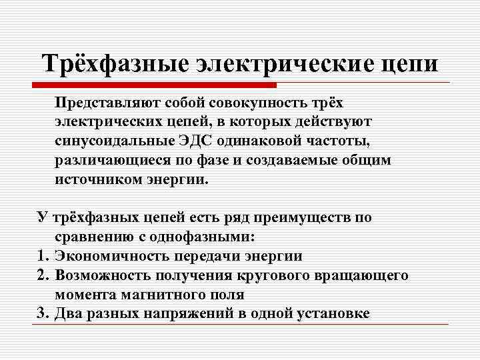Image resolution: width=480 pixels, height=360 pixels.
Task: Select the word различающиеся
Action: pos(115,161)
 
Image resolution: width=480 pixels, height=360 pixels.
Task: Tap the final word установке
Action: pos(333,313)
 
